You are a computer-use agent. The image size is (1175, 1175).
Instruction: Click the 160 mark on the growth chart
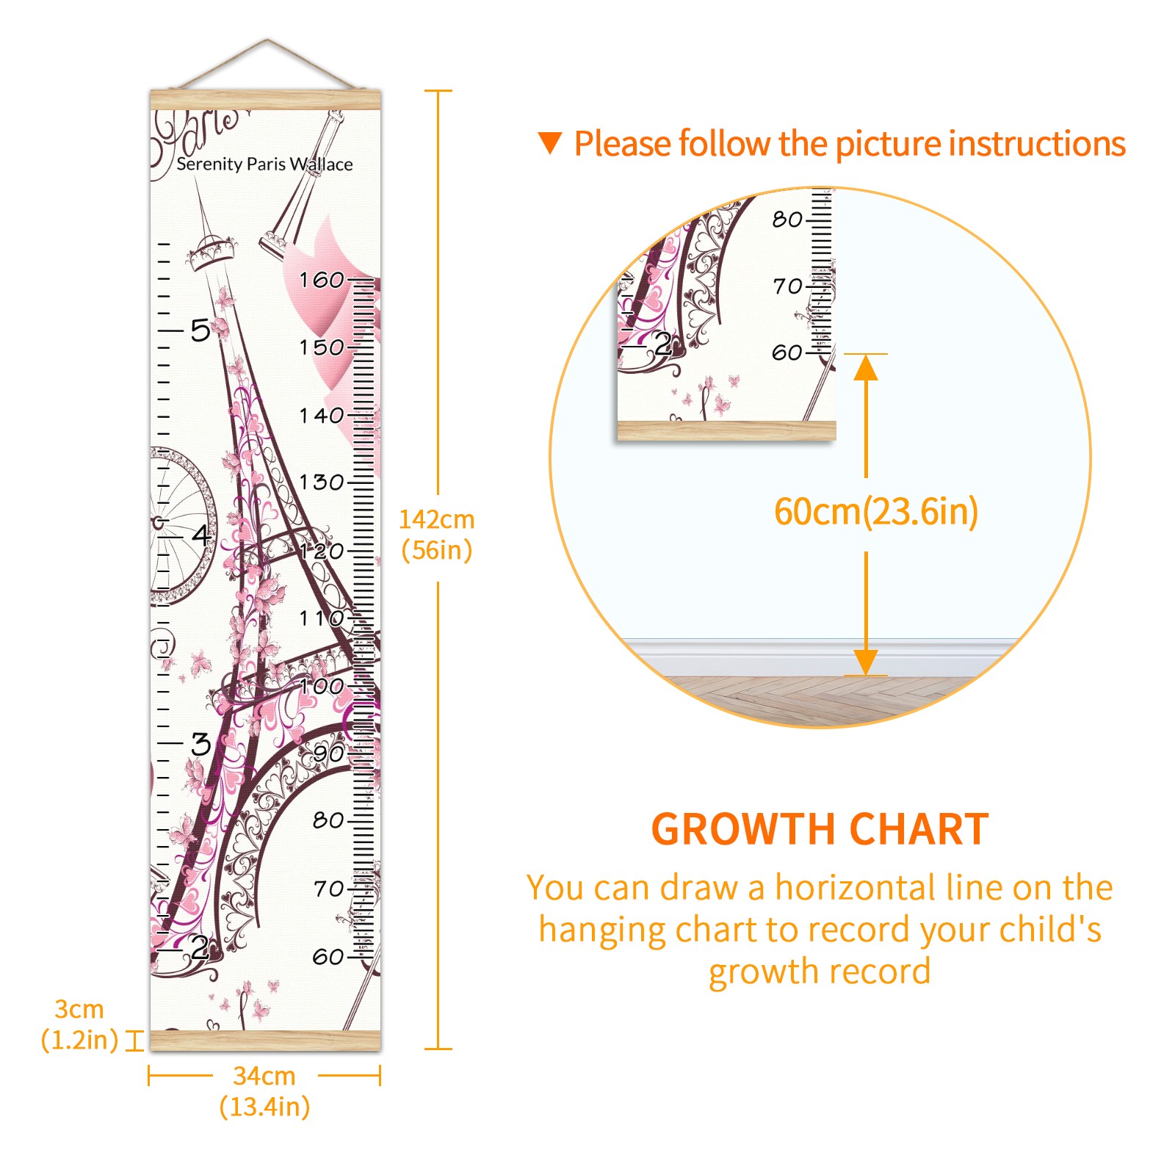point(322,280)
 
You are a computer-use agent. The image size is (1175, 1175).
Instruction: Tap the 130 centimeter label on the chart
point(322,482)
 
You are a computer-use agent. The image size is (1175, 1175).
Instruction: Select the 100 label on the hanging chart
point(322,686)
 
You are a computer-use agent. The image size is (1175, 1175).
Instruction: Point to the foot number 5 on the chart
point(200,330)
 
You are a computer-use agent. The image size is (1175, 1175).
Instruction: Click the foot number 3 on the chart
point(200,744)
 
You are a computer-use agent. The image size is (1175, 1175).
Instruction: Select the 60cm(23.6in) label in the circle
point(876,511)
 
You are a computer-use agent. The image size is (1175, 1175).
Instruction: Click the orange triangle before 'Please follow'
point(549,143)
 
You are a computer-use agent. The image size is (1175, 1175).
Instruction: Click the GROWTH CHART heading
point(820,830)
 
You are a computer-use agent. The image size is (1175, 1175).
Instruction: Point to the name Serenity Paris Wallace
point(264,164)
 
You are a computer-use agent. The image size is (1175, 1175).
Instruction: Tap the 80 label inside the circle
point(787,219)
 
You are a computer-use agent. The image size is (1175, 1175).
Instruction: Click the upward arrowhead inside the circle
point(866,367)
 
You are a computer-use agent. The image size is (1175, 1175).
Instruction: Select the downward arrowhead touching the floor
point(866,662)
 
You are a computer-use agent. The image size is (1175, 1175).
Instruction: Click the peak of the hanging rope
point(267,40)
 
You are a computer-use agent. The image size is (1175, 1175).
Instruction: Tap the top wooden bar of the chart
point(265,100)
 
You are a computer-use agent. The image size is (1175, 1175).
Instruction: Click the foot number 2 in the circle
point(662,344)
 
